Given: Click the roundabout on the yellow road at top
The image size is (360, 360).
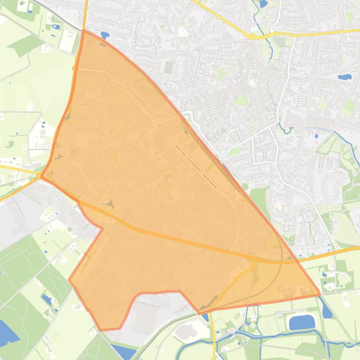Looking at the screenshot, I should coord(251,36).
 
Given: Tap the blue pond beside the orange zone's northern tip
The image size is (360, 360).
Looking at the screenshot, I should coord(104,35).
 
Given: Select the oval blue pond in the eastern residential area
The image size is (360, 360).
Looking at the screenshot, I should coord(345,77).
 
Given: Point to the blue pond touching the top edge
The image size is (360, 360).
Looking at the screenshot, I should coord(263,4).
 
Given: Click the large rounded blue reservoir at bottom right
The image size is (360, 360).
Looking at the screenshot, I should coord(301,322).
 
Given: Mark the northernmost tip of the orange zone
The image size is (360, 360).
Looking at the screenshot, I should coord(84,30).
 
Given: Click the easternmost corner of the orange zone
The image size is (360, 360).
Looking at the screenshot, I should coord(320,294).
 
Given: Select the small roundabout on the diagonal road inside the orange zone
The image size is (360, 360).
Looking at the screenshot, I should coord(154,123).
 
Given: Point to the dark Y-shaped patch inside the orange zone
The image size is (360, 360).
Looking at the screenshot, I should coord(111,204).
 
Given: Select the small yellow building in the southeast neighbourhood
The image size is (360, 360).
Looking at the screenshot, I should coord(280,207).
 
